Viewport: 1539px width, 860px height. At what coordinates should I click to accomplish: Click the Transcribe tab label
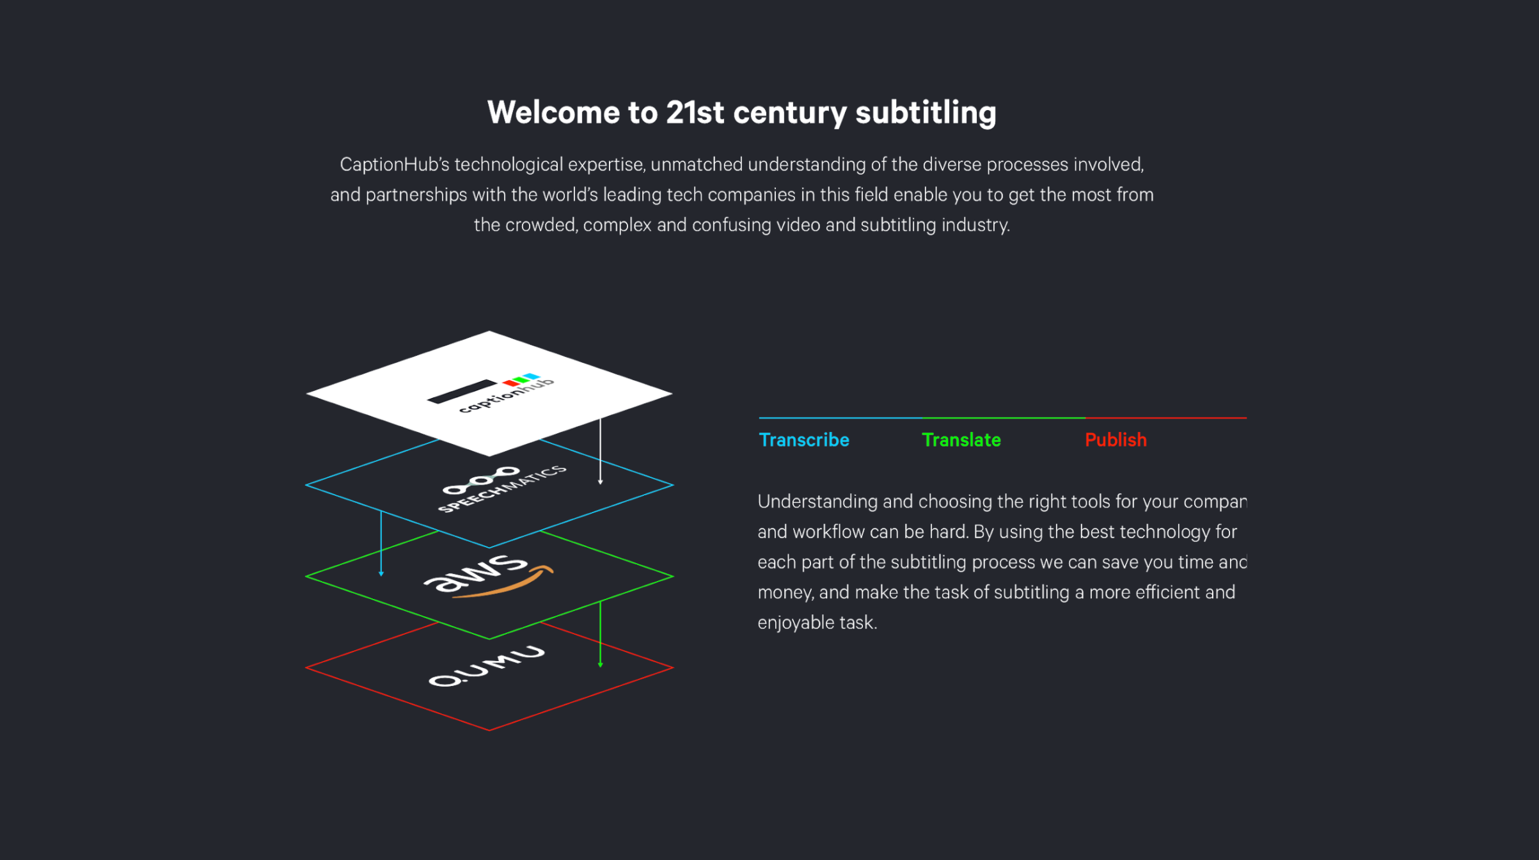[804, 440]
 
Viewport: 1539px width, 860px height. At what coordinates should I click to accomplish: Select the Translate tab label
[961, 440]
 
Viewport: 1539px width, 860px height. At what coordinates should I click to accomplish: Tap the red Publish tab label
[1116, 440]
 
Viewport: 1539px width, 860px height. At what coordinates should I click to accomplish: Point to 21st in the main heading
[695, 113]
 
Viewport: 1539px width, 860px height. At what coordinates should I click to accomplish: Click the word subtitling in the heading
[926, 114]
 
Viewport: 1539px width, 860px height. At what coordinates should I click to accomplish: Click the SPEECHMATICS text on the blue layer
[503, 489]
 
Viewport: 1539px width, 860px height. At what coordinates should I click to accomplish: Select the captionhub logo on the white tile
[491, 393]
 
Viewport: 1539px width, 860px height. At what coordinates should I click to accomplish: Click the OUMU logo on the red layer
[487, 666]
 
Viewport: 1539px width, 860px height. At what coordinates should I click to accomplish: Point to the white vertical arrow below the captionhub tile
[600, 451]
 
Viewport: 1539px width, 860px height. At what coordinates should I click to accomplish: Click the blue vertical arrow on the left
[381, 543]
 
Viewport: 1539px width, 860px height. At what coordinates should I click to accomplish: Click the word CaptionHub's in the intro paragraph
[395, 165]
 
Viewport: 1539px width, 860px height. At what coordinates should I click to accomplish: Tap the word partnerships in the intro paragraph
[416, 195]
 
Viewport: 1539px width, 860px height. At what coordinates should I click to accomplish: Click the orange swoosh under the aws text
[505, 583]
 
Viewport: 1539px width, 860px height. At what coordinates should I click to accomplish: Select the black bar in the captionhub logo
[462, 392]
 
